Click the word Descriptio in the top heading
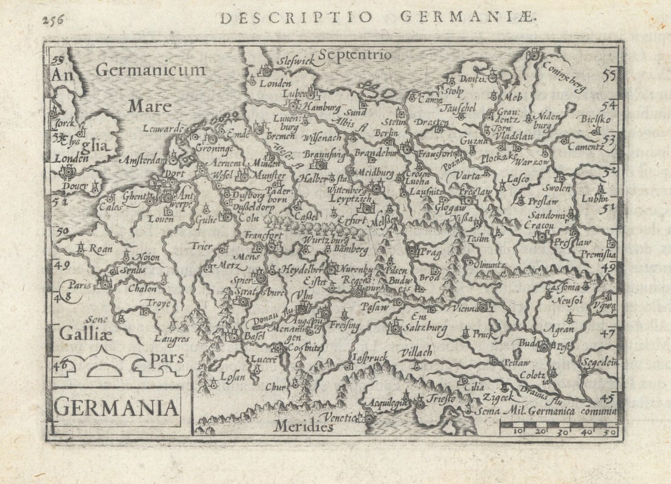[x=295, y=17]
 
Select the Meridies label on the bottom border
[x=303, y=426]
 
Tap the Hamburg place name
[x=321, y=107]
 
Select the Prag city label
[x=430, y=251]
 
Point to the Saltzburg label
[x=425, y=328]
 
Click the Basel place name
[x=253, y=336]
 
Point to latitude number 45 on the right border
[x=608, y=398]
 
